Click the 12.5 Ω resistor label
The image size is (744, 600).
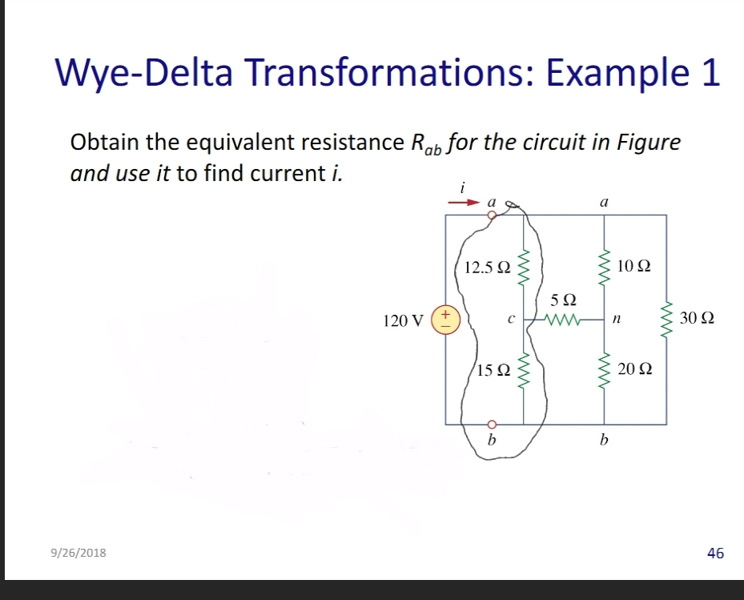point(487,266)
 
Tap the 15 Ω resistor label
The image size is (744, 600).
point(493,370)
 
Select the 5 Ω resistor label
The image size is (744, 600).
point(564,301)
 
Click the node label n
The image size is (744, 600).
point(615,319)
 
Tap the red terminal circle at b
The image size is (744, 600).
point(493,424)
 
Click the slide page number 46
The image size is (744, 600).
point(715,553)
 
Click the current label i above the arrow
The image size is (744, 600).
point(462,187)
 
